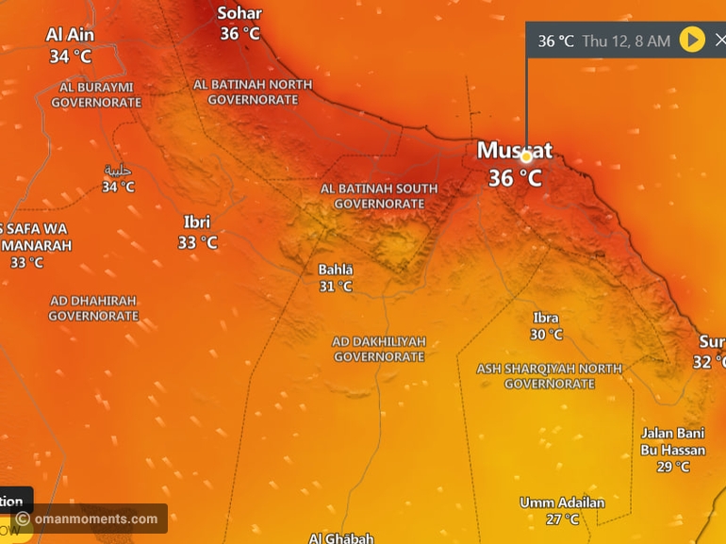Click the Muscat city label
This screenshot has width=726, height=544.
coord(514,150)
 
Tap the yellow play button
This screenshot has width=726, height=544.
coord(692,40)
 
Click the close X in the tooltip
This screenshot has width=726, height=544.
coord(719,40)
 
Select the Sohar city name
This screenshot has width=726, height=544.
coord(239,13)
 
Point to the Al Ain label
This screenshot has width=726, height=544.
coord(70,35)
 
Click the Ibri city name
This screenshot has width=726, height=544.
coord(197,223)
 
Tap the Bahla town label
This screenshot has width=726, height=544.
coord(335,270)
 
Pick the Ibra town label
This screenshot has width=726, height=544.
coord(546,318)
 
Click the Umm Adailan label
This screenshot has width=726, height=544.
coord(562,503)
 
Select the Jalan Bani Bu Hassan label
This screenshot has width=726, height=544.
coord(673,441)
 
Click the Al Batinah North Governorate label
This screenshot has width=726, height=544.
coord(253,91)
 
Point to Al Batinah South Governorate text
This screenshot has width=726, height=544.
coord(379,196)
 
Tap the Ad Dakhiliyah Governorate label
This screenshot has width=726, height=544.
coord(379,349)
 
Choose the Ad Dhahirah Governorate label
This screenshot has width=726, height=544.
coord(93,308)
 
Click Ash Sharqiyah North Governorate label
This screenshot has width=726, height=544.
coord(549,376)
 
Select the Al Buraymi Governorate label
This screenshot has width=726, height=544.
coord(96,94)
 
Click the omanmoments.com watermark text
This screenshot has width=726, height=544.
coord(96,519)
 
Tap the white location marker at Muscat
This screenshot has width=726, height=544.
coord(526,157)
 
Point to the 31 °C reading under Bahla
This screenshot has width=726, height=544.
coord(335,287)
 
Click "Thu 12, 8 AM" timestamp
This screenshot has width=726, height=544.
coord(626,41)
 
